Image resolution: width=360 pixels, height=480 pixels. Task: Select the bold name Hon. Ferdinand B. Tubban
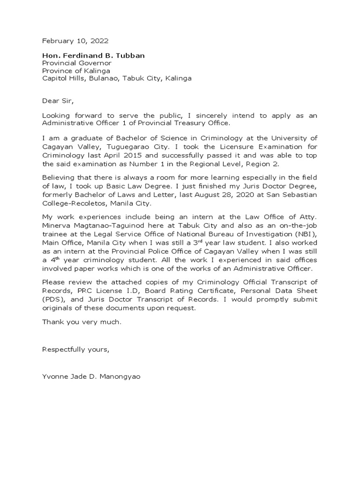(x=93, y=55)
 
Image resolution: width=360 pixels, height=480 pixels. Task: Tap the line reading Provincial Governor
(x=77, y=63)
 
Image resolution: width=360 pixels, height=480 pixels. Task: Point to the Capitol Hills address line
(x=117, y=78)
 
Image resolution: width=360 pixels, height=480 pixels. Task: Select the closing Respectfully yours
(x=75, y=349)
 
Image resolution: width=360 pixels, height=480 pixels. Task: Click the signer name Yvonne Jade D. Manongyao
(x=90, y=376)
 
